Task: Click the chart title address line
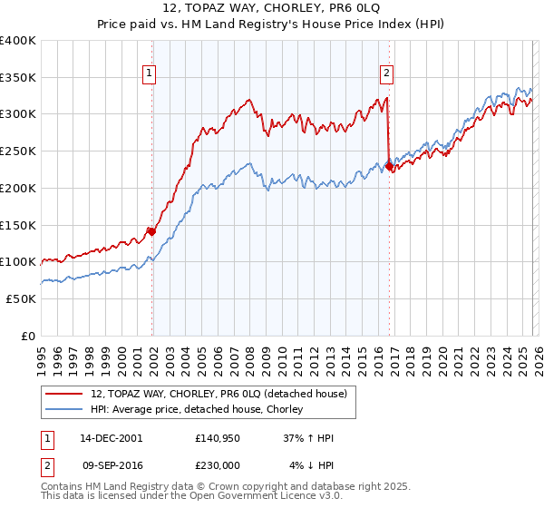click(x=272, y=8)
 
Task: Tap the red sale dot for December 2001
click(x=151, y=231)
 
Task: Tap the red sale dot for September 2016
click(x=389, y=166)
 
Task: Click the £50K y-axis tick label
click(x=20, y=298)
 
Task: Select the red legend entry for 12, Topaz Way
click(x=219, y=394)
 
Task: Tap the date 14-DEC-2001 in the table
click(x=111, y=438)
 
